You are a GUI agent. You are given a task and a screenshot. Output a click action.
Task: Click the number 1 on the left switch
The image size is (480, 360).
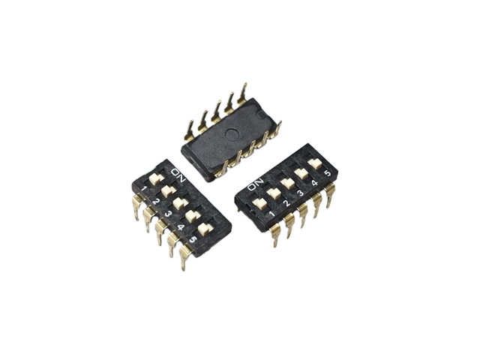pyautogui.click(x=144, y=189)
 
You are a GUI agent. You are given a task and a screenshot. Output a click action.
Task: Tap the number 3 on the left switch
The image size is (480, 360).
pyautogui.click(x=168, y=214)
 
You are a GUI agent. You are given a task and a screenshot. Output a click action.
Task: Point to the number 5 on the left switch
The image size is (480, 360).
pyautogui.click(x=192, y=240)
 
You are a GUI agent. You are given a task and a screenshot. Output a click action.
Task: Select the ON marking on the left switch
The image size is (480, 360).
pyautogui.click(x=178, y=175)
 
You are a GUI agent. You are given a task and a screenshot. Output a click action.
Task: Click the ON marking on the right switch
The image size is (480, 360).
pyautogui.click(x=255, y=184)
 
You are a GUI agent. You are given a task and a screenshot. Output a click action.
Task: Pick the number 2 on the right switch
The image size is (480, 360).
pyautogui.click(x=286, y=202)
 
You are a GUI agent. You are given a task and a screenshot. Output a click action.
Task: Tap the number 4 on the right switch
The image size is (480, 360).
pyautogui.click(x=314, y=183)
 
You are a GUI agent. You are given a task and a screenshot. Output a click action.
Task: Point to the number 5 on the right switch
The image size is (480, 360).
pyautogui.click(x=328, y=173)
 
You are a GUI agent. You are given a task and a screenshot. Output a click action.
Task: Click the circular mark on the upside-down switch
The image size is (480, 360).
pyautogui.click(x=232, y=133)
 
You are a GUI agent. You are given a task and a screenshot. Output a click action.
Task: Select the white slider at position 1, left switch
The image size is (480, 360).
pyautogui.click(x=157, y=179)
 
